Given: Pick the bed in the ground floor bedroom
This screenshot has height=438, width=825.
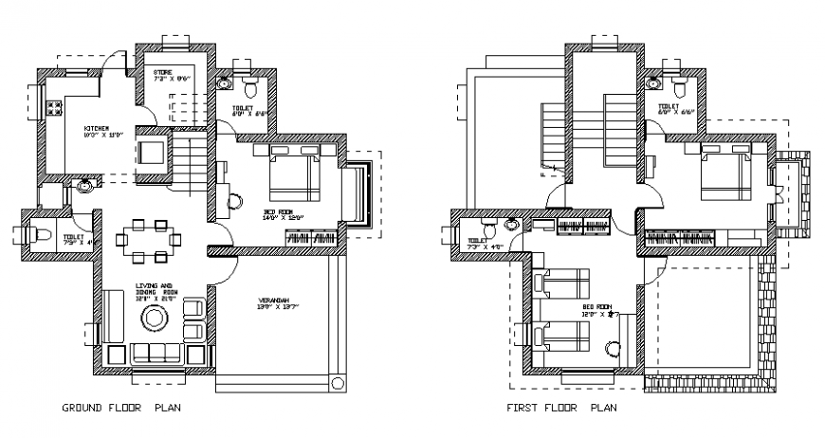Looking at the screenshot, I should tap(294, 176).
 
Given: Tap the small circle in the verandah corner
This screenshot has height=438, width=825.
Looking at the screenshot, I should tap(337, 384).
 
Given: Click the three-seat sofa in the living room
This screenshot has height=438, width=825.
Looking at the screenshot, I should tap(157, 354).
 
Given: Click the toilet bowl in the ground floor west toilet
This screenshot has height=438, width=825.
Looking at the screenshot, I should tap(43, 235).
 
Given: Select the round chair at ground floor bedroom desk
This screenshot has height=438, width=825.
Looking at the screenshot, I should tap(236, 201).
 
